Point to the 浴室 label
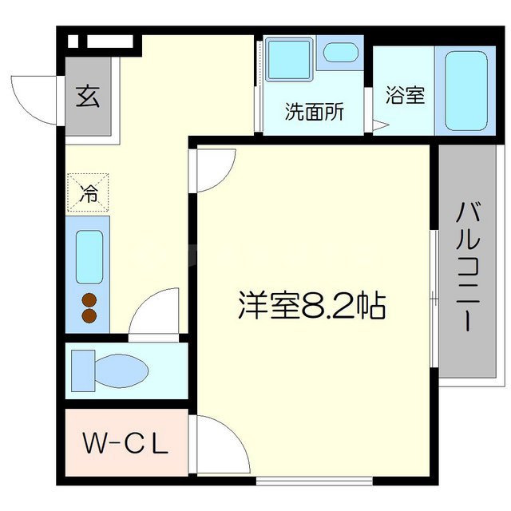[405, 95]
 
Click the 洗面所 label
[315, 112]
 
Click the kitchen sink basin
[89, 256]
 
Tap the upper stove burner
[89, 301]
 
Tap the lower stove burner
[89, 316]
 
